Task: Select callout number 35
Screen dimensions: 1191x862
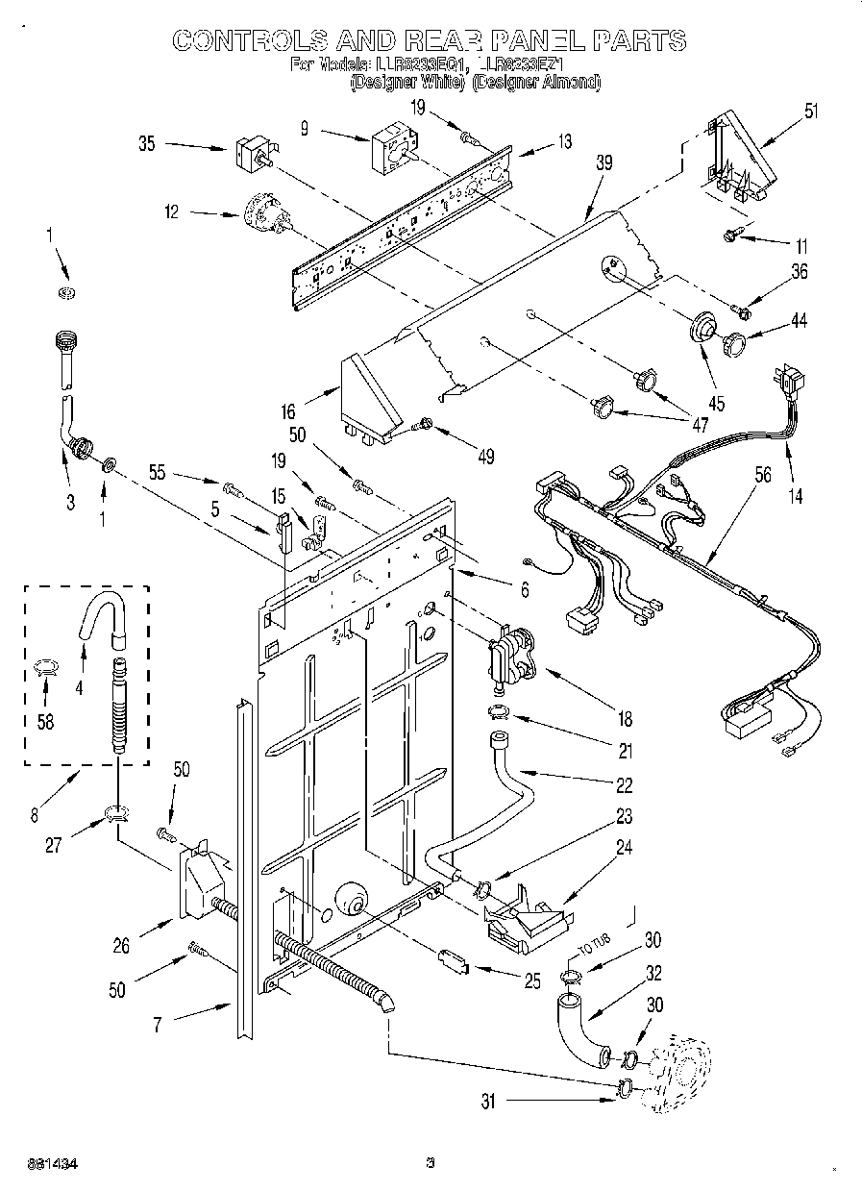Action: coord(147,144)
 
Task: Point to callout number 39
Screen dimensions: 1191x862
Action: coord(603,164)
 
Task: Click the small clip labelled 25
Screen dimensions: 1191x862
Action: coord(453,960)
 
